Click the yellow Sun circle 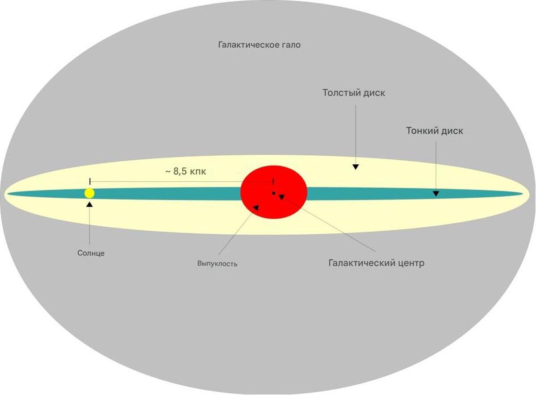89,193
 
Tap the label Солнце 91,253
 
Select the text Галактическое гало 259,45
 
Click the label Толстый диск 354,93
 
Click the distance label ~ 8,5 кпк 185,171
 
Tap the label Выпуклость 217,263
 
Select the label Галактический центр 376,263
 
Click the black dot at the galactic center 273,193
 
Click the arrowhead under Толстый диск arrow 356,166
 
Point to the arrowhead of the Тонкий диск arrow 435,193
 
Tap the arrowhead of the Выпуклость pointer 255,207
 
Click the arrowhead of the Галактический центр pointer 281,196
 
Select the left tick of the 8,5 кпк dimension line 90,181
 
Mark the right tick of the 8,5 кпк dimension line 273,181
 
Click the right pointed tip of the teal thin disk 520,194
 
